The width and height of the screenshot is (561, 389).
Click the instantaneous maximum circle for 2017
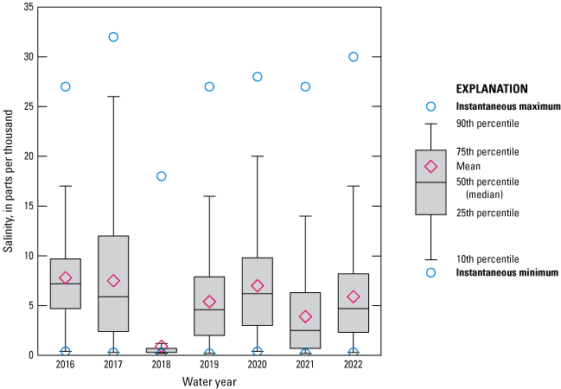pos(113,37)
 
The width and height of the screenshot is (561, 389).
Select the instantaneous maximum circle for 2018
pos(161,176)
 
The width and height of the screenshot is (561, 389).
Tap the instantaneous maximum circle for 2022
pos(354,57)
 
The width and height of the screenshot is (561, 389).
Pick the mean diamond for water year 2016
pos(66,277)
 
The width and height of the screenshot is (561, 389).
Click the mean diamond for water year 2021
pos(305,316)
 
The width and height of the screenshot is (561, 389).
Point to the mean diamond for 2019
pos(209,302)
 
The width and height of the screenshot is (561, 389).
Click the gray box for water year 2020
pos(257,291)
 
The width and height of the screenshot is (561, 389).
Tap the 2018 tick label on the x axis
pos(161,366)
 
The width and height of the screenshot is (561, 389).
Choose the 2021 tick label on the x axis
pos(305,366)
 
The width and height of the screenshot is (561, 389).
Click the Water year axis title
pos(209,381)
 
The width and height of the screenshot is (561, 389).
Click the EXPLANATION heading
pos(491,88)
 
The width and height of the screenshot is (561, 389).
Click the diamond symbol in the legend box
pos(430,167)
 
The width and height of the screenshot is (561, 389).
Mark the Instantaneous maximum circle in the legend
pos(430,106)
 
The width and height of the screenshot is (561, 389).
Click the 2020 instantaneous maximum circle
pos(257,77)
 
